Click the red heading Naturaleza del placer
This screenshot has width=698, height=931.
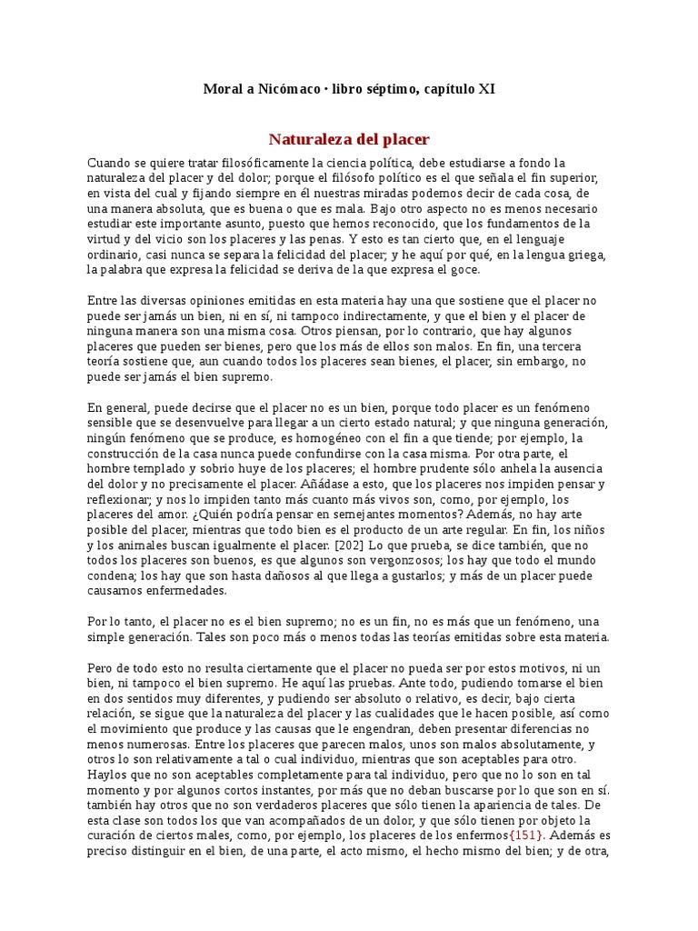(349, 139)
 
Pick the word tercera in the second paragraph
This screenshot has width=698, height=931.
(565, 346)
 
